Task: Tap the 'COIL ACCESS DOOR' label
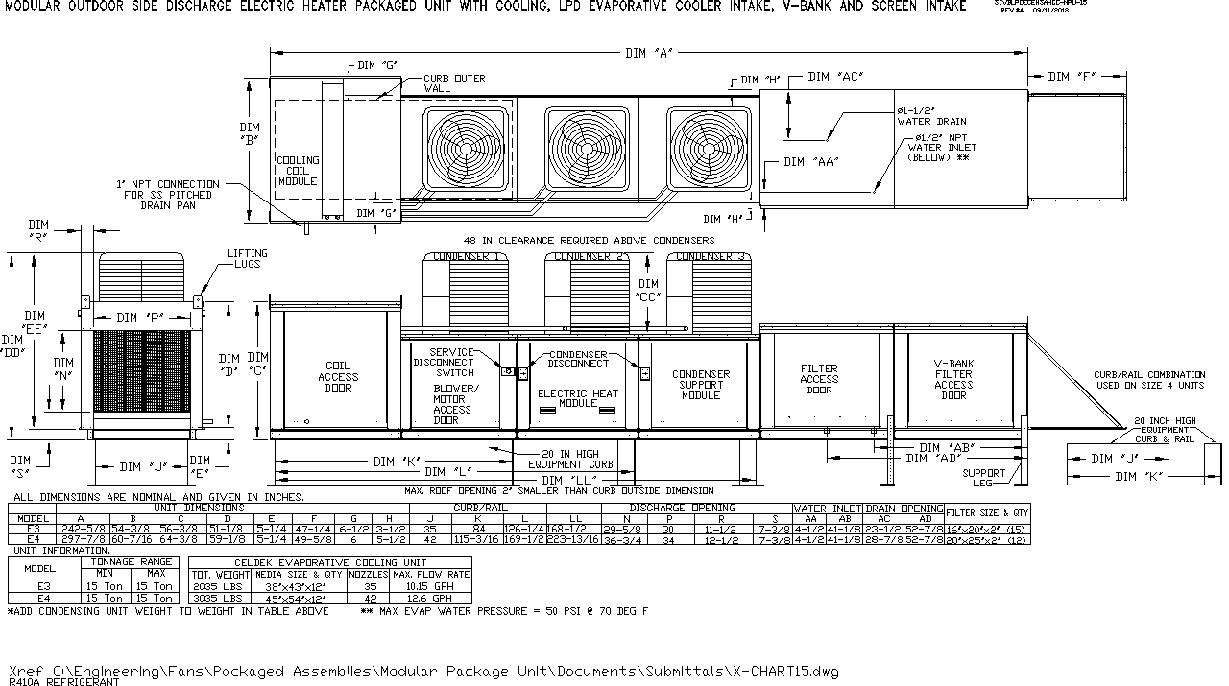click(338, 377)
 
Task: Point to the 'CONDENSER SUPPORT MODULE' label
click(701, 385)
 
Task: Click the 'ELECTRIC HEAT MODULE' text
click(578, 398)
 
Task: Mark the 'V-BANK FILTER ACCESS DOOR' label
click(953, 380)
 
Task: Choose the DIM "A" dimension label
click(649, 53)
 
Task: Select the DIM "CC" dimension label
click(648, 291)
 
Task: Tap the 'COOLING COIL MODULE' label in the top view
click(297, 171)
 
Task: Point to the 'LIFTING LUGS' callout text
click(247, 259)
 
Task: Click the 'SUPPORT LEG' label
click(984, 477)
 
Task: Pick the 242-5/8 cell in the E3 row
click(81, 529)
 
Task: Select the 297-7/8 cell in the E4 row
click(81, 540)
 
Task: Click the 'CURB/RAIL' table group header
click(480, 508)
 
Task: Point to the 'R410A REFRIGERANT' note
click(63, 682)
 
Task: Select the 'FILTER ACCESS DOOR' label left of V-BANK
click(819, 379)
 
